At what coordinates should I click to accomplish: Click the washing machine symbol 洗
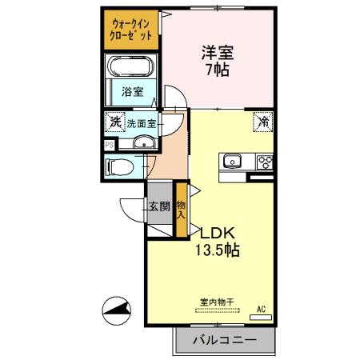114,123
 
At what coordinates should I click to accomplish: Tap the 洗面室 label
141,124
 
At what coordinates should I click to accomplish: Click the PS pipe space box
108,145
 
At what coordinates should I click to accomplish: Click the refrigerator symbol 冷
262,122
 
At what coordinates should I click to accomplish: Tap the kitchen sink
231,161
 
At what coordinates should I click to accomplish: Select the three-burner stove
263,161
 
